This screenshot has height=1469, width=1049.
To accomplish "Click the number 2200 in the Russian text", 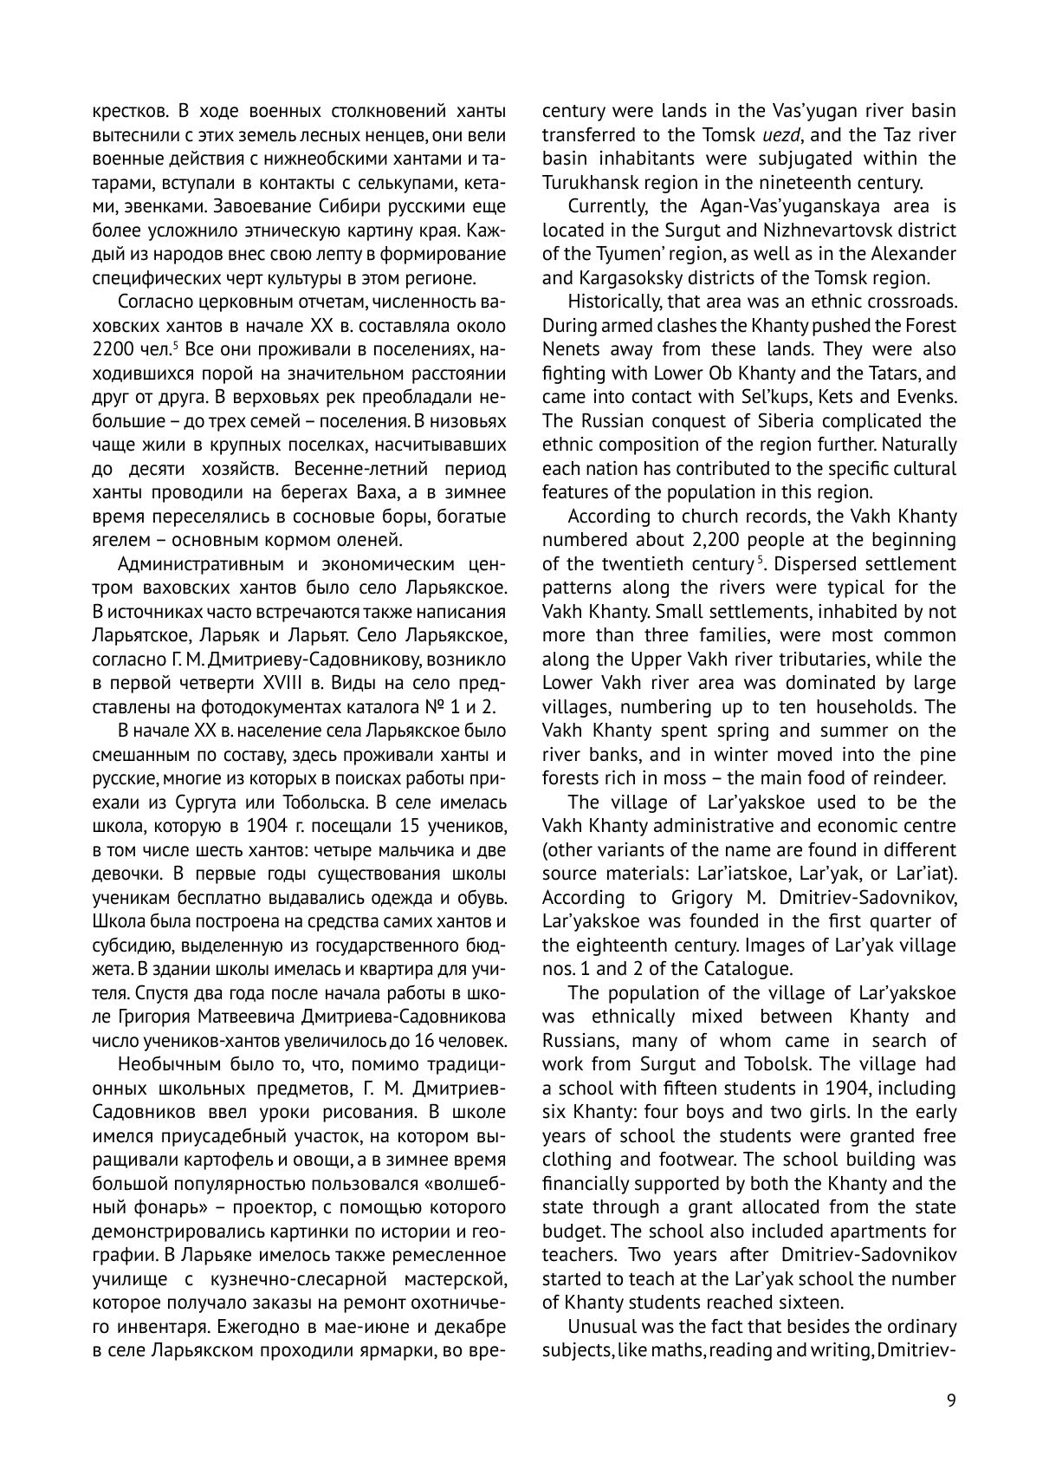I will click(x=117, y=350).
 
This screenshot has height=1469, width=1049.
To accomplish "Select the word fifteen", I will click(x=690, y=1088).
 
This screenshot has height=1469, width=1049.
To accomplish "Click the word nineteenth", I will click(x=832, y=183).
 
